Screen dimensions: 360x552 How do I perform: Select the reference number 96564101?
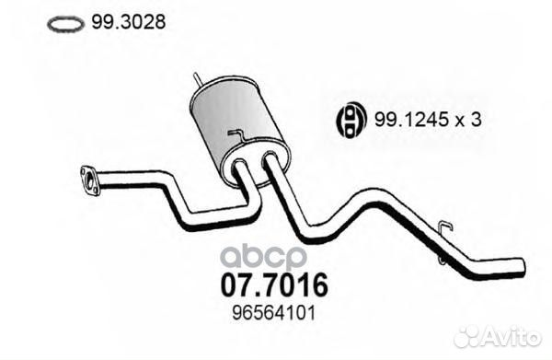275,314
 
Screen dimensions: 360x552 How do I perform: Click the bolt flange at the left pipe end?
89,180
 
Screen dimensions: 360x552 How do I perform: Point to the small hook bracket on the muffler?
236,137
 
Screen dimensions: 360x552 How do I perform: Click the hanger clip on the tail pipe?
444,230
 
